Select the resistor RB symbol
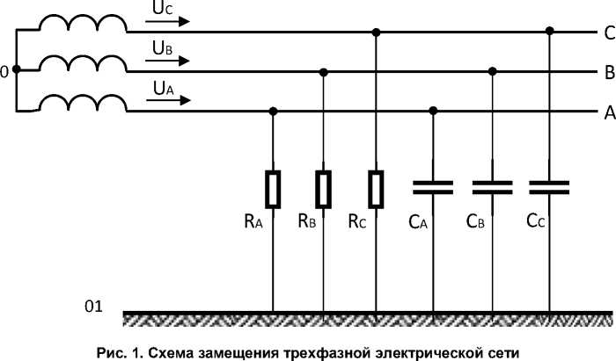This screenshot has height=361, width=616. [325, 186]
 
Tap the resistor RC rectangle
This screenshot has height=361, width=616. [377, 186]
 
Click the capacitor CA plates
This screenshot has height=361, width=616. [433, 186]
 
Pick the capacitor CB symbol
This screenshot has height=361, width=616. [493, 186]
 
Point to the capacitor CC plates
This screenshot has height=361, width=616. [550, 186]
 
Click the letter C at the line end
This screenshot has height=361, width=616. [608, 33]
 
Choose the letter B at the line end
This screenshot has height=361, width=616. [608, 72]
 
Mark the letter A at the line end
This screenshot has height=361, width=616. [608, 112]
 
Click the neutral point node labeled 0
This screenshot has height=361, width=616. [17, 71]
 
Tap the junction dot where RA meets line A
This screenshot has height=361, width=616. [273, 111]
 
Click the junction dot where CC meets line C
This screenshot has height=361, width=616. [550, 32]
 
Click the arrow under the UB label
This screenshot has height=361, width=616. [168, 61]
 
